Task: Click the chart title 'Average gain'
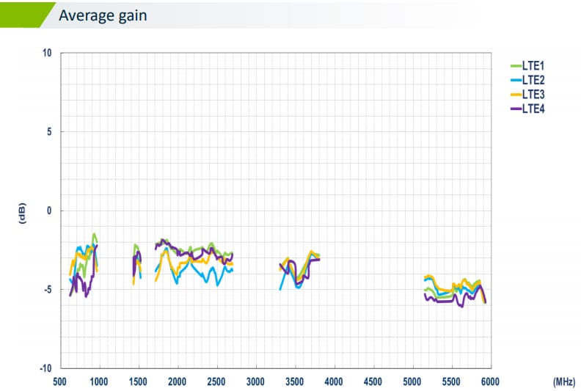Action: [102, 15]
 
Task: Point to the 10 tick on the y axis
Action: [47, 53]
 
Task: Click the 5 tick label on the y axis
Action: [49, 132]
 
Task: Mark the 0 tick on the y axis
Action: [49, 211]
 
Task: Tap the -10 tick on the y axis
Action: [45, 368]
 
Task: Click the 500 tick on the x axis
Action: [60, 381]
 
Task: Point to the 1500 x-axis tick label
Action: [138, 381]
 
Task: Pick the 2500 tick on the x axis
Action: [216, 381]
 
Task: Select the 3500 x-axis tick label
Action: [295, 381]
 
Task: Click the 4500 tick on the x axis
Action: [373, 381]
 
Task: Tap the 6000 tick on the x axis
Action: [490, 381]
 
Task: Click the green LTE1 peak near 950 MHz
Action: [95, 234]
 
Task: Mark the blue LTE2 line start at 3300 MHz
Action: [280, 289]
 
